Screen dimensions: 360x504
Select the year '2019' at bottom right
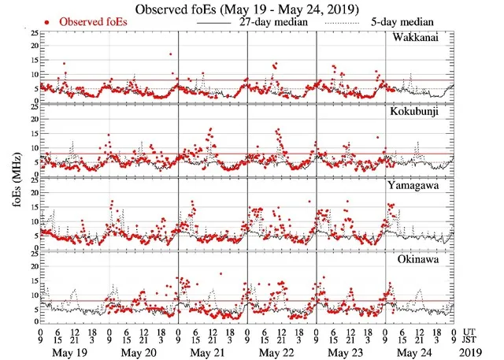475,351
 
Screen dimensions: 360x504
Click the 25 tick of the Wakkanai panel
31,34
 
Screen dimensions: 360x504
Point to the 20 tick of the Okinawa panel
31,266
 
